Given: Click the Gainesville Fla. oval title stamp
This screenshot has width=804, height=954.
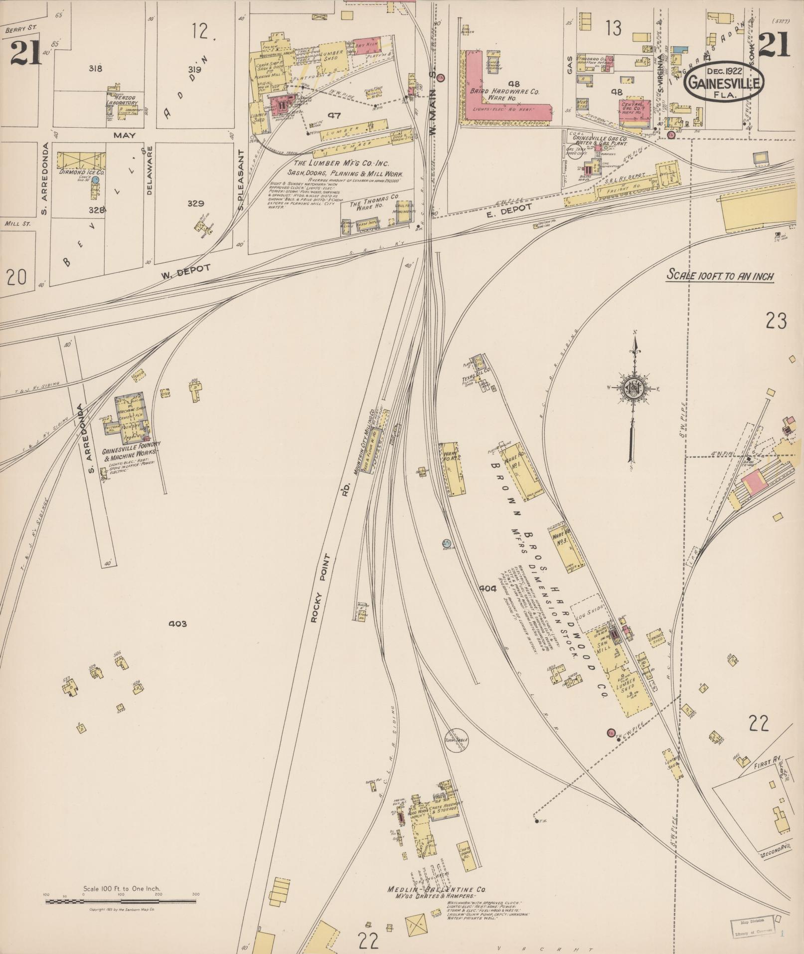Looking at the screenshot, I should coord(724,81).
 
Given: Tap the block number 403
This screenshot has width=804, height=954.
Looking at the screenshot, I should coord(177,623).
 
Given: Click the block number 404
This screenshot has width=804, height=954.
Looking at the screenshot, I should coord(488,588).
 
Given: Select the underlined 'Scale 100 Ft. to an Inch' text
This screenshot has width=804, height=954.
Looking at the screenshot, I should coord(721,276).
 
